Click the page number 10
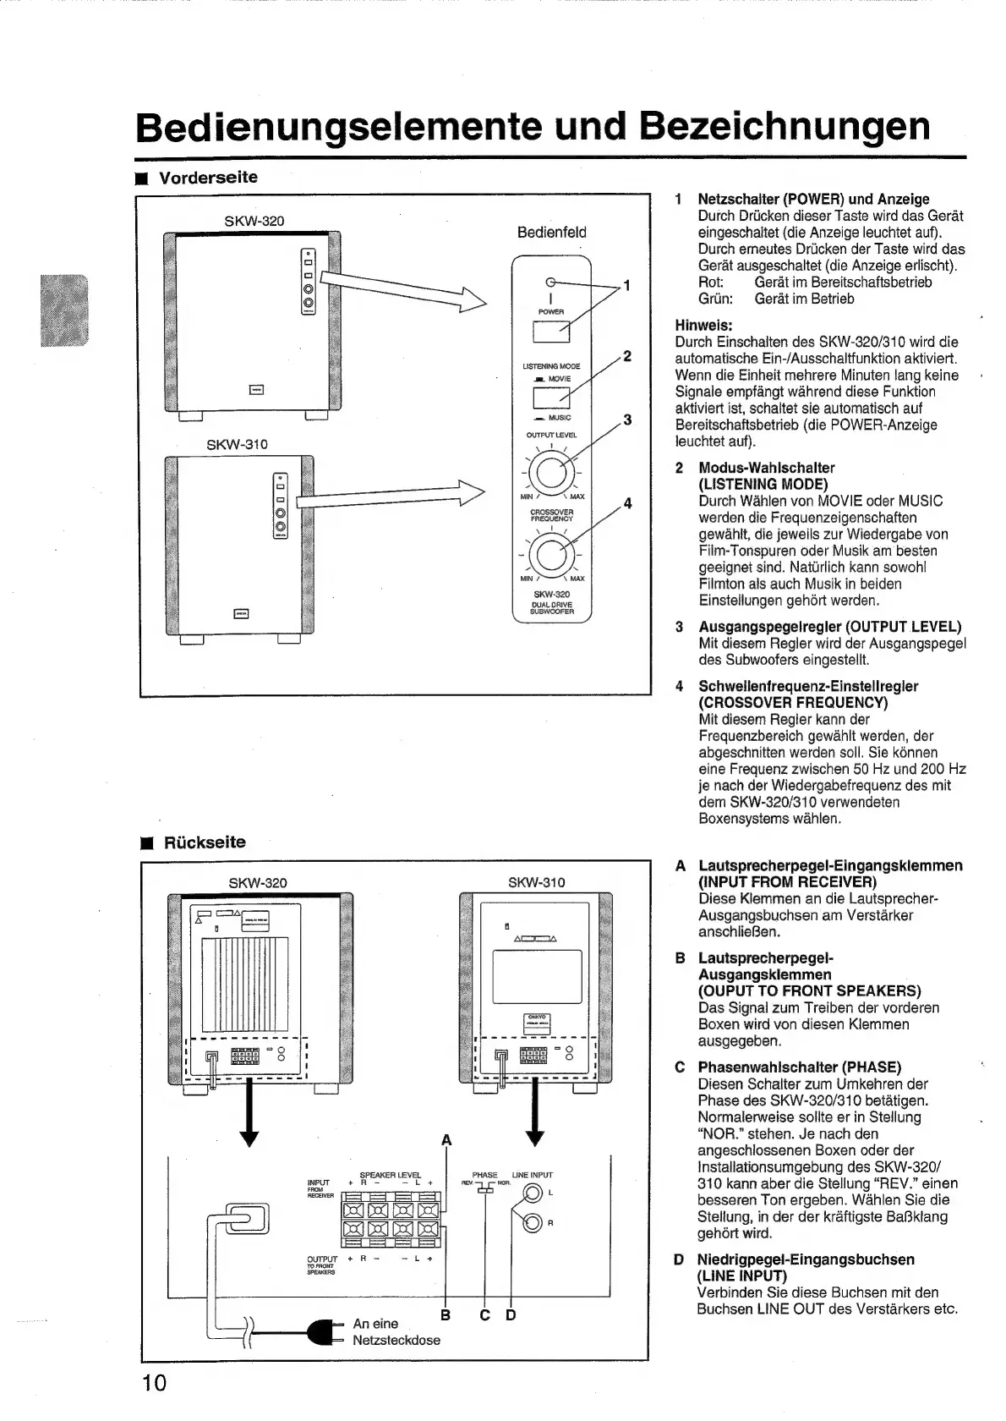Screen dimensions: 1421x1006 pos(155,1382)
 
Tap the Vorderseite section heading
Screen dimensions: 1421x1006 pos(208,178)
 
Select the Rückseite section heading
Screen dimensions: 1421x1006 pos(205,842)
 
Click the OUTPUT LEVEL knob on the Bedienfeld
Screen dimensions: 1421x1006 pos(551,470)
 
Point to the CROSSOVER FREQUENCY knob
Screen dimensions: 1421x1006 pos(551,554)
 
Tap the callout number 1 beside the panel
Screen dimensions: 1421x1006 pos(626,285)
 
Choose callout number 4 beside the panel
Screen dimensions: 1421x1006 pos(627,504)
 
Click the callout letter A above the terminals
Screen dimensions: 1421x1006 pos(446,1140)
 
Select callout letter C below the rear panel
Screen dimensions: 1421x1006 pos(484,1315)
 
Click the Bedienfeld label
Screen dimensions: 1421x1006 pos(551,233)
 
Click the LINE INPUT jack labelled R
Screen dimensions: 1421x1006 pos(532,1222)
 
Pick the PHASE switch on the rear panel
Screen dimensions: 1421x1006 pos(484,1188)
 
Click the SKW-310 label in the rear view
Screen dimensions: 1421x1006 pos(536,882)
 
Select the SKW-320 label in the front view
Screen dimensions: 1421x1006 pos(254,221)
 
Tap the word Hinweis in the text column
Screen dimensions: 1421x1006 pos(703,326)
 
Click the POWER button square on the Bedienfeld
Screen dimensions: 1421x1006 pos(551,332)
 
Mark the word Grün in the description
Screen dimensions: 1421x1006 pos(715,299)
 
